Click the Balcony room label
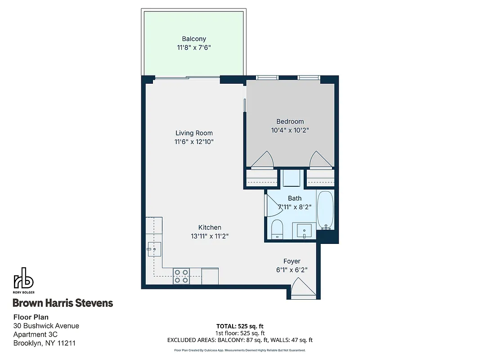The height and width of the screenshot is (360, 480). (194, 39)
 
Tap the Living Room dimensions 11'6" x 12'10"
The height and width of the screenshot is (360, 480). (194, 142)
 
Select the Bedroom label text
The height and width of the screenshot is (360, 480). (290, 121)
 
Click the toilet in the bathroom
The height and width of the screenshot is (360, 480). (276, 229)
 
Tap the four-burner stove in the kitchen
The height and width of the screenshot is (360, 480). (181, 276)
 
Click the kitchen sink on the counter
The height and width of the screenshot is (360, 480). (154, 248)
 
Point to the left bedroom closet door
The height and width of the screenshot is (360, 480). (262, 159)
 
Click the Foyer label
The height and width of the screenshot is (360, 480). (292, 261)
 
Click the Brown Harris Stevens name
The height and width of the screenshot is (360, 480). (63, 303)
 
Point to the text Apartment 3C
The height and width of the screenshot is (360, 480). (36, 334)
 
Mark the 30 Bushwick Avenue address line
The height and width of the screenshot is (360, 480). (46, 326)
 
